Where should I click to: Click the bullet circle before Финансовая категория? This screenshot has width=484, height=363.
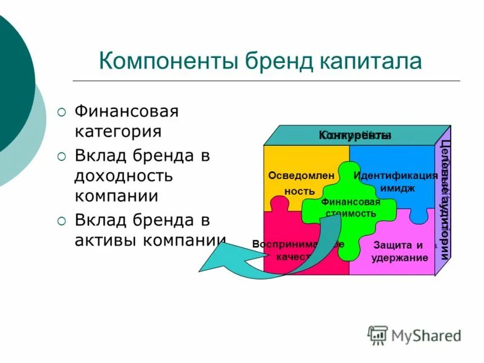[62, 112]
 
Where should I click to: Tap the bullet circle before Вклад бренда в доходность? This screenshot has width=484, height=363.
[62, 156]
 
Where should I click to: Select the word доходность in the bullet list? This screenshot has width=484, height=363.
[124, 176]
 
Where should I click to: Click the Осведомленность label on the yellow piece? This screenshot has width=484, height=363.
[293, 183]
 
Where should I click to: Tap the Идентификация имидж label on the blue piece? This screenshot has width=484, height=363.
[396, 181]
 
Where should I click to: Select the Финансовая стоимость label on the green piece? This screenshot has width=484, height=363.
[351, 208]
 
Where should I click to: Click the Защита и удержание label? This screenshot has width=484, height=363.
[399, 251]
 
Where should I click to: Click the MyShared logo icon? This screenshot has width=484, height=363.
[378, 335]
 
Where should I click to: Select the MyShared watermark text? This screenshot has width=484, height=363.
[426, 335]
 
